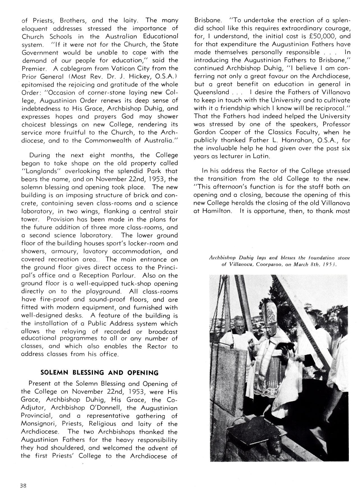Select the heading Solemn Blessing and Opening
coord(99,373)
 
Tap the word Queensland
coord(211,92)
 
